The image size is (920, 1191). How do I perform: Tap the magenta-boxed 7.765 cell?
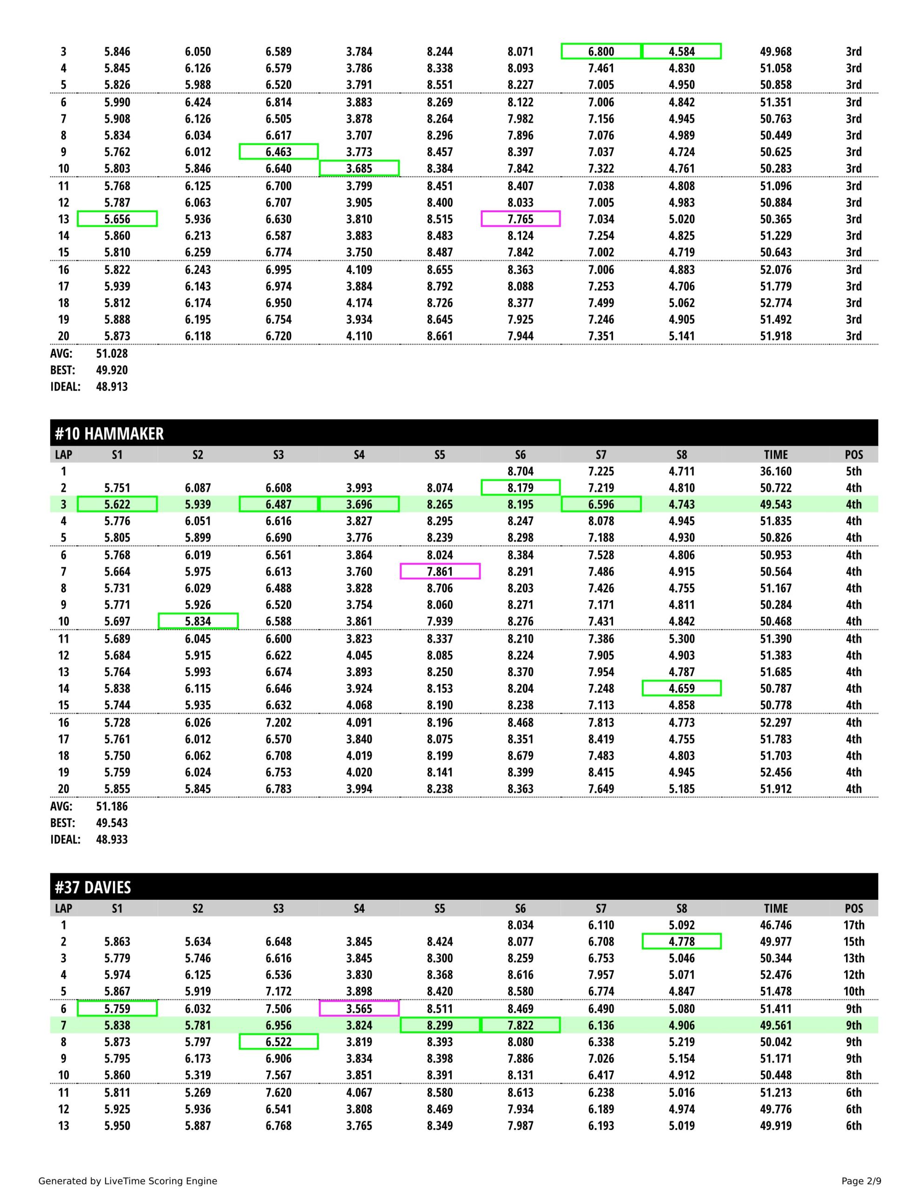tap(520, 219)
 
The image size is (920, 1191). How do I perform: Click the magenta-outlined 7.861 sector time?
tap(440, 571)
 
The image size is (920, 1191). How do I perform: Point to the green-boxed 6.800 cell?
tap(601, 52)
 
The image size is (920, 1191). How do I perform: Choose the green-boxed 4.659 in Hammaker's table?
tap(682, 688)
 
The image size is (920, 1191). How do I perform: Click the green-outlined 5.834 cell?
tap(198, 621)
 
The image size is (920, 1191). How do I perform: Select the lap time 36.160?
tap(775, 471)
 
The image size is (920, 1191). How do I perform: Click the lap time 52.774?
tap(775, 303)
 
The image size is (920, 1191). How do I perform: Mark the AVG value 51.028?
tap(112, 354)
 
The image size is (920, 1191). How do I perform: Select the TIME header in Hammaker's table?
tap(775, 455)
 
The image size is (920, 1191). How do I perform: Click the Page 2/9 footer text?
tap(861, 1181)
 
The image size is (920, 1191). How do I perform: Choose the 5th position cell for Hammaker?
tap(853, 471)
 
